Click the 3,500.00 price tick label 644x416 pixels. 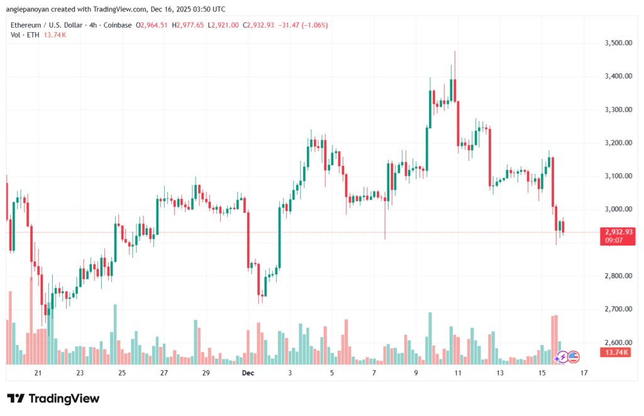click(611, 43)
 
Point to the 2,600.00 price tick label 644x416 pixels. click(611, 342)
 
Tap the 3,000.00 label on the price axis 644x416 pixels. click(611, 210)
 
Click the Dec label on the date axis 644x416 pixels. click(247, 373)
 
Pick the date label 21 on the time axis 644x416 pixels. click(38, 373)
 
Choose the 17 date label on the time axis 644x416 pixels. click(584, 373)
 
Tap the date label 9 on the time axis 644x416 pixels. click(416, 373)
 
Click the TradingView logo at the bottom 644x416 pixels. click(53, 398)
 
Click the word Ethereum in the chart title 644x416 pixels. click(28, 25)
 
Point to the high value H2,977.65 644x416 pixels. click(182, 25)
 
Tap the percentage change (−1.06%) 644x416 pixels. click(314, 25)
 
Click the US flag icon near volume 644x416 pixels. click(572, 356)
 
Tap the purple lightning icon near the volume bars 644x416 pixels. click(561, 357)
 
